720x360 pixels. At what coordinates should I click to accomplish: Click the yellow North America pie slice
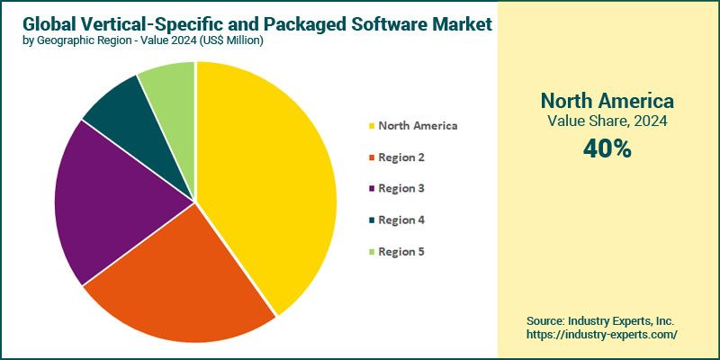270,180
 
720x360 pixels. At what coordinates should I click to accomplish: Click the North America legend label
418,126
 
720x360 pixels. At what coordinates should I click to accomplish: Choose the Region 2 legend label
401,157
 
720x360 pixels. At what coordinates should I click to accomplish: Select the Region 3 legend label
401,189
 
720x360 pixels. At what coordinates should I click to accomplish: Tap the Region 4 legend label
401,220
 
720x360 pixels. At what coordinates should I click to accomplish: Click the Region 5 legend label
401,252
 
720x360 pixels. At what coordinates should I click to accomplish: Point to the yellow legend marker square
370,126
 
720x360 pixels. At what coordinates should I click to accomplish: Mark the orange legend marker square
370,157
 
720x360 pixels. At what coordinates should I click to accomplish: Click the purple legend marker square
370,189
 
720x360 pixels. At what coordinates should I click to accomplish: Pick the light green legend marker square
370,252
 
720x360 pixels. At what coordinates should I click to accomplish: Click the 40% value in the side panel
607,149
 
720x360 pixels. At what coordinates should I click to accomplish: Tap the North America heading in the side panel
607,100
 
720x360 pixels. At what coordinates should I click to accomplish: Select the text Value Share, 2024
607,121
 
